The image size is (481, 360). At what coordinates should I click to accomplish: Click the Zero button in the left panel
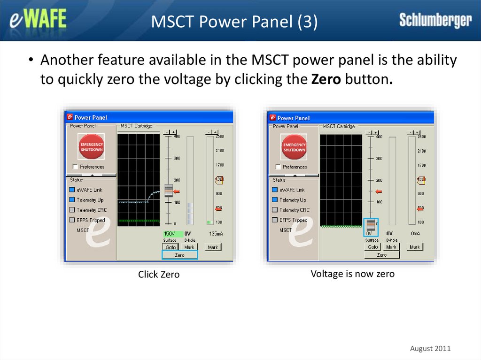tap(179, 255)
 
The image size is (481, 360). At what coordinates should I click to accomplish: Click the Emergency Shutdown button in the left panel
tap(91, 146)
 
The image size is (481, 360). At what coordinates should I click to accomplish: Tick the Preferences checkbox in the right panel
tap(279, 167)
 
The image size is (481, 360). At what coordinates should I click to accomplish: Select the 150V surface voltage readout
tap(169, 233)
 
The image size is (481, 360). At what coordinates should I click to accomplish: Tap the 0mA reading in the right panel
tap(415, 233)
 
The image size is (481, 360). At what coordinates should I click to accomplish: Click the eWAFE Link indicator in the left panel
tap(72, 190)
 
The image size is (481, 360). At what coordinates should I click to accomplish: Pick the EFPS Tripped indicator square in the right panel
tap(275, 220)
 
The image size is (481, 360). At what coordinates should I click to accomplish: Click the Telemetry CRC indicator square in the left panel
tap(72, 210)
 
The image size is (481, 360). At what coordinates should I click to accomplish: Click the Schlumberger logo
tap(435, 20)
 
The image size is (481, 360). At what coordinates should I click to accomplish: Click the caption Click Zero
tap(159, 275)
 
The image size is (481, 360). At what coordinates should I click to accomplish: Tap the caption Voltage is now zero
tap(352, 274)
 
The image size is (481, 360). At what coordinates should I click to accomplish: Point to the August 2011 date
tap(430, 348)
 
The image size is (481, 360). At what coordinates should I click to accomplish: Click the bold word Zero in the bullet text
tap(326, 79)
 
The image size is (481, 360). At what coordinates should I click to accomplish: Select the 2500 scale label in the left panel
tap(219, 137)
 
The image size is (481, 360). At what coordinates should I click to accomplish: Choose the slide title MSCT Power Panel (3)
tap(234, 22)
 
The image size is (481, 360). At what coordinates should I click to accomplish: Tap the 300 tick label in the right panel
tap(379, 158)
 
